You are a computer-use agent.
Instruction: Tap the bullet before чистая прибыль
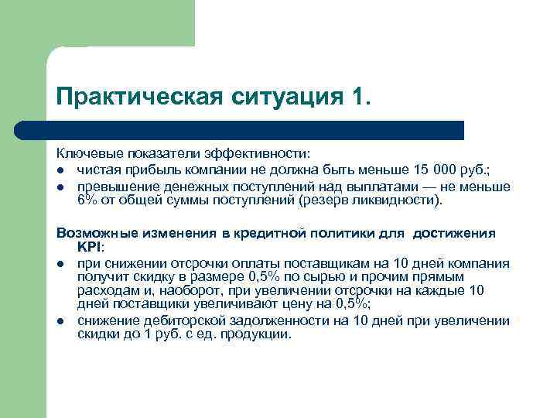pyautogui.click(x=60, y=170)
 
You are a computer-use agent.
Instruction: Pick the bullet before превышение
pyautogui.click(x=60, y=187)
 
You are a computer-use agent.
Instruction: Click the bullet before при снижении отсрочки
pyautogui.click(x=60, y=264)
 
